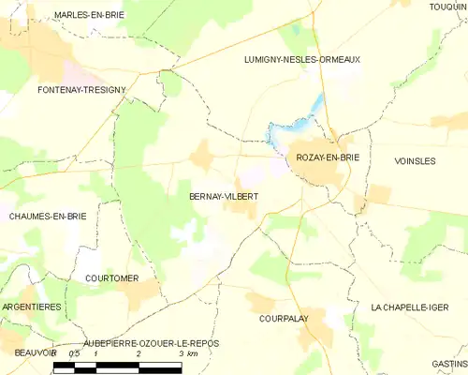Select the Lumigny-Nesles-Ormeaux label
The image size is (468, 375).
coord(301,59)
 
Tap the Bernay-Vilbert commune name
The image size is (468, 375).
coord(224,197)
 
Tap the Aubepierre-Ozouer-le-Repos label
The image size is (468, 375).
coord(151,343)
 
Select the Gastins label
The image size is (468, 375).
coord(449,363)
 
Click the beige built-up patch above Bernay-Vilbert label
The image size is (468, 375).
coord(201,156)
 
